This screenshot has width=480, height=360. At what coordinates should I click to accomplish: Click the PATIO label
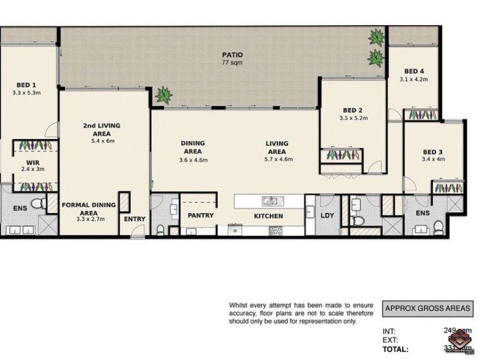pyautogui.click(x=232, y=55)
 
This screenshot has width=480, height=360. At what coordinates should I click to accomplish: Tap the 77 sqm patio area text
pyautogui.click(x=232, y=62)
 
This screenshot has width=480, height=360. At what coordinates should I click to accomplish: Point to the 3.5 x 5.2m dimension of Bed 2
pyautogui.click(x=353, y=118)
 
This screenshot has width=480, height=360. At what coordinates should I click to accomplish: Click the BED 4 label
pyautogui.click(x=414, y=71)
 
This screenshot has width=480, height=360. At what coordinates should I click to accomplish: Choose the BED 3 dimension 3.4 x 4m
pyautogui.click(x=432, y=160)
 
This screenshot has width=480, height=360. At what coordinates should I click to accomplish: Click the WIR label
pyautogui.click(x=32, y=162)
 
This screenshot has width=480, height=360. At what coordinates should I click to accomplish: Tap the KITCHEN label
pyautogui.click(x=268, y=216)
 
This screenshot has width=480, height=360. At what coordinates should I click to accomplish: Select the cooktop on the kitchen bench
pyautogui.click(x=276, y=230)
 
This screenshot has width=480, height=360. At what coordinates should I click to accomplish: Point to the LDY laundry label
pyautogui.click(x=327, y=216)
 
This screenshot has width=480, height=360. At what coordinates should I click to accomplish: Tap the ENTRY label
pyautogui.click(x=134, y=219)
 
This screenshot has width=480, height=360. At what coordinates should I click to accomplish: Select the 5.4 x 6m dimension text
pyautogui.click(x=102, y=141)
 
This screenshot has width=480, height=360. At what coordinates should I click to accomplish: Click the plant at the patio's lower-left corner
pyautogui.click(x=162, y=94)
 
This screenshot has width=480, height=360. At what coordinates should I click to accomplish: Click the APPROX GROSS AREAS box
pyautogui.click(x=428, y=309)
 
